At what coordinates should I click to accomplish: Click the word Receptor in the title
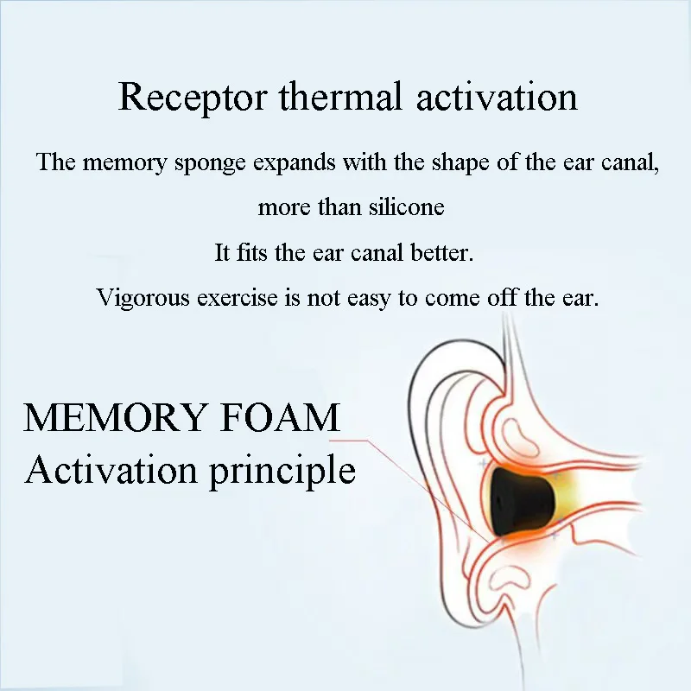[193, 97]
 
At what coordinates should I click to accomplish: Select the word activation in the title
[497, 97]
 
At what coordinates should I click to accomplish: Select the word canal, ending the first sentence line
[632, 163]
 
